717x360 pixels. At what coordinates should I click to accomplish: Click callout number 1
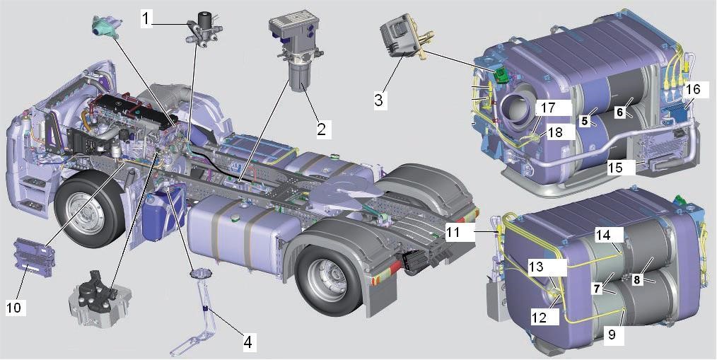(x=146, y=19)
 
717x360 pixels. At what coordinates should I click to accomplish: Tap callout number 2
(x=322, y=129)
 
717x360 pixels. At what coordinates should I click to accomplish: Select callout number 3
(x=378, y=100)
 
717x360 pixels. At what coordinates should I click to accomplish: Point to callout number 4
(x=247, y=341)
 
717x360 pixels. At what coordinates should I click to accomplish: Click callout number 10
(x=13, y=308)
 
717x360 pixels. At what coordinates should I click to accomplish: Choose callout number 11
(x=453, y=233)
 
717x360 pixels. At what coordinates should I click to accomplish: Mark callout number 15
(x=616, y=168)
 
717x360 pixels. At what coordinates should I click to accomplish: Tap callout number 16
(x=693, y=90)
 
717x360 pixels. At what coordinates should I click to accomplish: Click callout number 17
(x=548, y=108)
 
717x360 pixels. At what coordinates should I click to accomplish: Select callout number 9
(x=612, y=335)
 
